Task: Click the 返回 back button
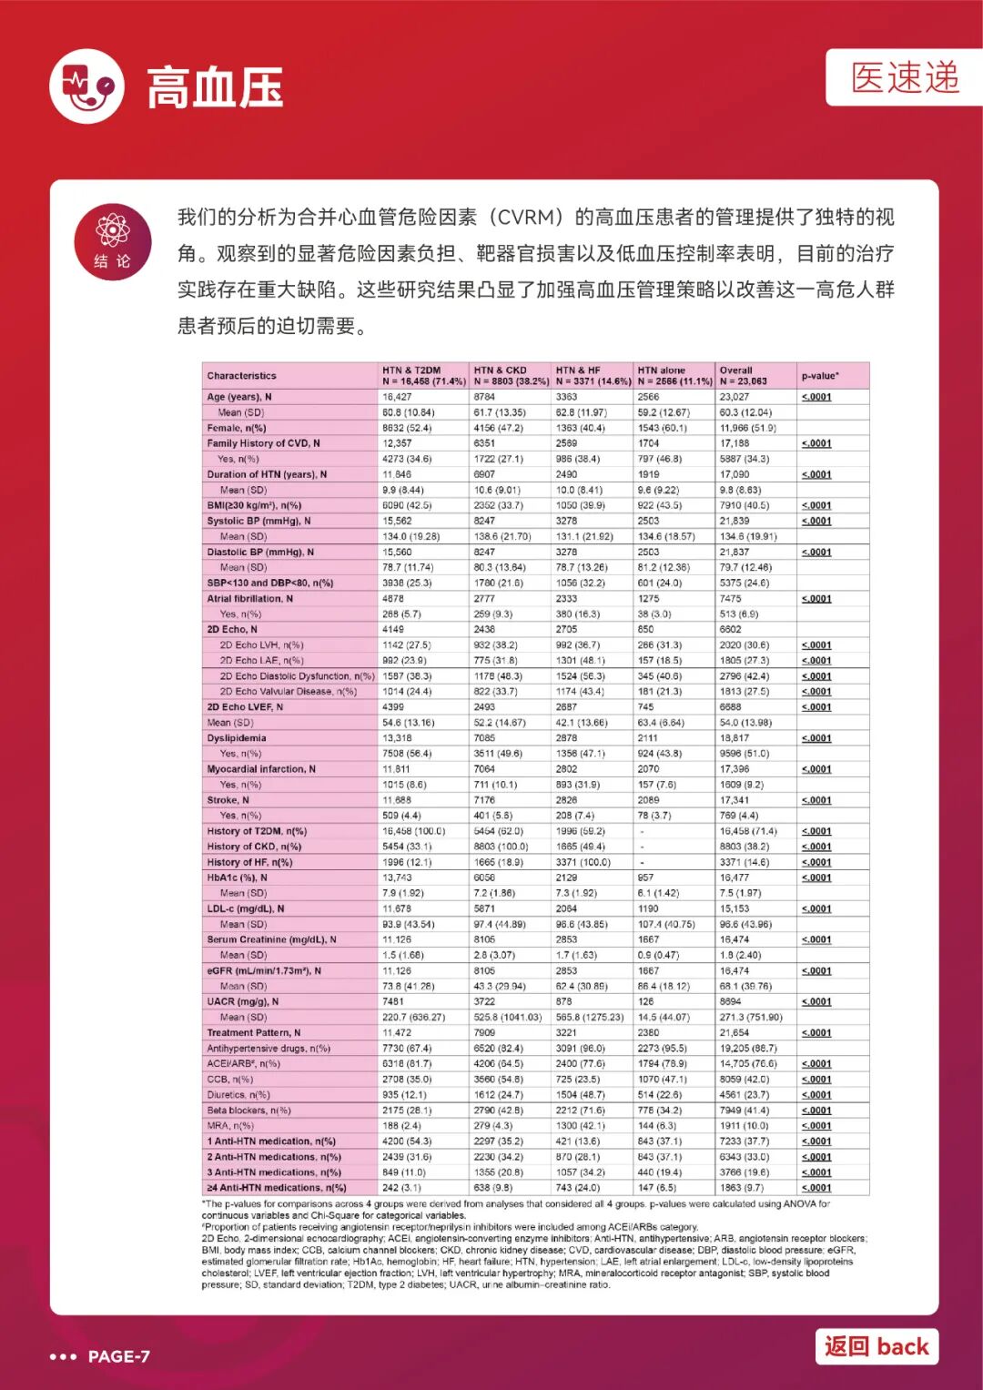877,1346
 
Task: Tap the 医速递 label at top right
905,78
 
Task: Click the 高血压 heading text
215,87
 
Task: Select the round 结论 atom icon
113,241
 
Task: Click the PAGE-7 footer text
118,1356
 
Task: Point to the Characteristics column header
241,376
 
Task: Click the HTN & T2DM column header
423,376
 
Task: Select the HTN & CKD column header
510,376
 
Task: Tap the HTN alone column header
674,376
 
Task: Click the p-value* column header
820,376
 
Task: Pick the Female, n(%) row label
237,428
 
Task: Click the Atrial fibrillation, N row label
250,599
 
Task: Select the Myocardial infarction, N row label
261,769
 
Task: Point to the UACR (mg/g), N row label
243,1001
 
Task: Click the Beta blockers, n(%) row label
248,1111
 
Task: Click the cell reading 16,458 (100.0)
414,831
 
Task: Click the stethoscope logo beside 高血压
86,86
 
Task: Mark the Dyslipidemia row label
237,738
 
